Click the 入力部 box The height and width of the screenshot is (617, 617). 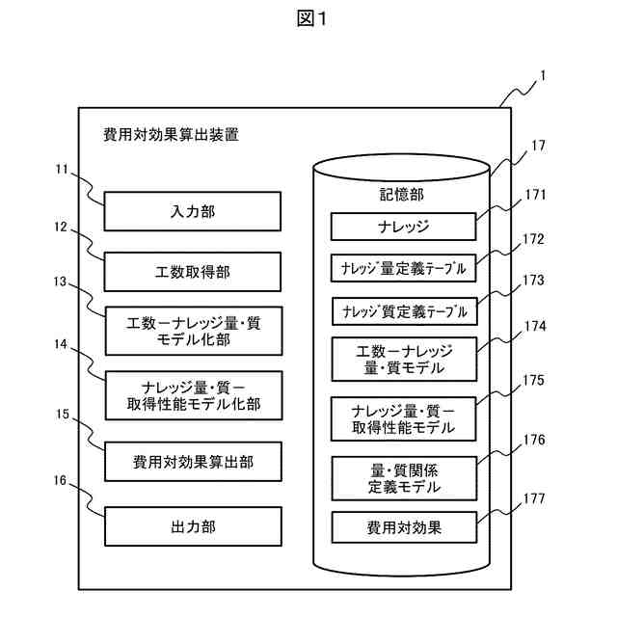193,211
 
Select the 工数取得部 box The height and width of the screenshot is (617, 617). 193,272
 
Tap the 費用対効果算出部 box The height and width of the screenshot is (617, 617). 193,462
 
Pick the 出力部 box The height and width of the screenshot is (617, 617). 193,526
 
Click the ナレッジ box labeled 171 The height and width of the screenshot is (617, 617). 403,227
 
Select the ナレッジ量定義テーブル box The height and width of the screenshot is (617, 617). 403,268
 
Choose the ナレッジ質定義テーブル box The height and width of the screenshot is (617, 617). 405,311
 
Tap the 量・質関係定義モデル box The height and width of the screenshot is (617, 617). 405,478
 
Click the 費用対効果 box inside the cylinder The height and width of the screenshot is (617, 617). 405,527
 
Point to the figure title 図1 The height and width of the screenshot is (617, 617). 311,18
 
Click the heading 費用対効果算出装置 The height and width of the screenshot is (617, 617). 172,135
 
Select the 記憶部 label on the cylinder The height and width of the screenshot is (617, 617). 402,195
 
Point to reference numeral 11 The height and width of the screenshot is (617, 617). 62,170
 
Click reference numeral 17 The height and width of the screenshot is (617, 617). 538,146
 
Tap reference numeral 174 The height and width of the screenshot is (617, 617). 535,326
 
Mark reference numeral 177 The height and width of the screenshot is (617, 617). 534,499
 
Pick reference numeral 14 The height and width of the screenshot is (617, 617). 61,344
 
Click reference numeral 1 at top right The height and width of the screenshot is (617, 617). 543,76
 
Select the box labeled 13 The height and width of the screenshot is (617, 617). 194,332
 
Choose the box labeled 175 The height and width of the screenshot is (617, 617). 403,419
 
